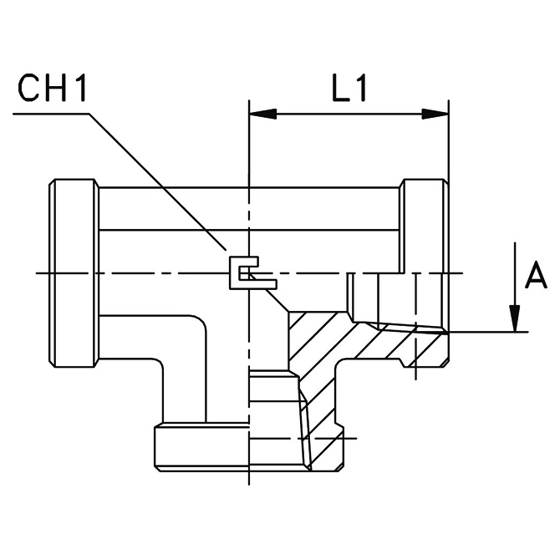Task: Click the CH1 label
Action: click(x=54, y=90)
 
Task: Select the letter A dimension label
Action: click(x=535, y=276)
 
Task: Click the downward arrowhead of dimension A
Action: click(x=517, y=318)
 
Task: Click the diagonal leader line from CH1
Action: click(x=159, y=184)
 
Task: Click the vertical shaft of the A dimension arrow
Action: click(x=517, y=276)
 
